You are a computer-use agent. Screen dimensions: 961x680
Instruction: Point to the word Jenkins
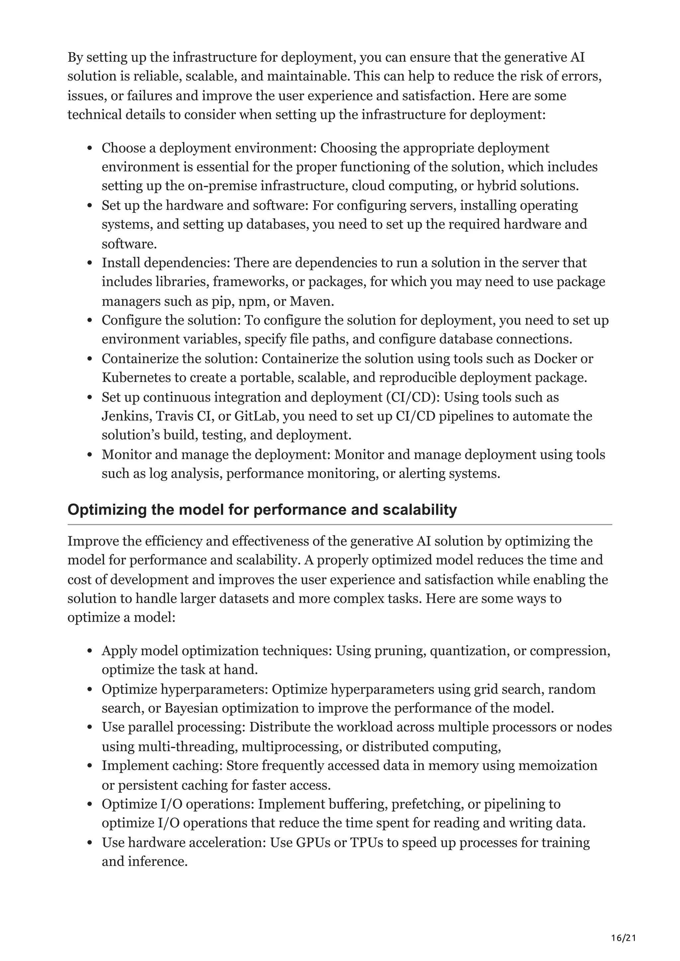pyautogui.click(x=126, y=416)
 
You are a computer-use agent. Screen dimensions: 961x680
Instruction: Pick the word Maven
pyautogui.click(x=312, y=301)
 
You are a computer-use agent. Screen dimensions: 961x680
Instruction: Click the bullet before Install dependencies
pyautogui.click(x=90, y=263)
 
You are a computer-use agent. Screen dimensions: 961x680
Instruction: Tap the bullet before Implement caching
pyautogui.click(x=90, y=766)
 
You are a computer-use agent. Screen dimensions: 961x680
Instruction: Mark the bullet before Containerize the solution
pyautogui.click(x=90, y=359)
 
